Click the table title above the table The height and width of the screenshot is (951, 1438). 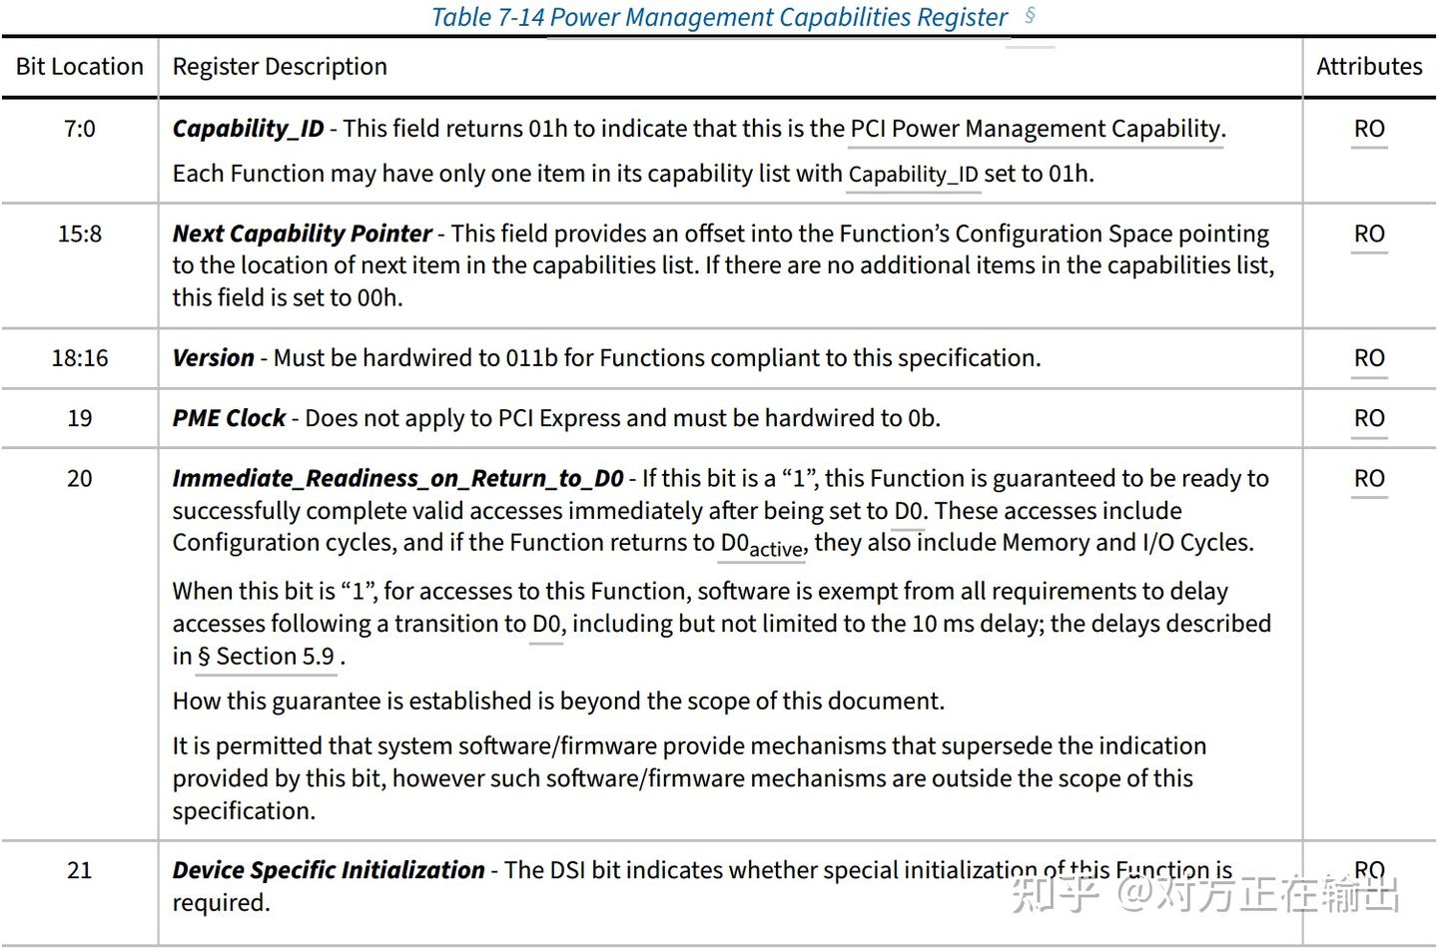pyautogui.click(x=719, y=18)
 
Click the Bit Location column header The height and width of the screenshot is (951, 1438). pyautogui.click(x=80, y=67)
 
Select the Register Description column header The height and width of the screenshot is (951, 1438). pyautogui.click(x=280, y=67)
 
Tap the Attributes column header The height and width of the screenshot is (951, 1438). pyautogui.click(x=1369, y=67)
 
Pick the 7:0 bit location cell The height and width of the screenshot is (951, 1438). pyautogui.click(x=80, y=129)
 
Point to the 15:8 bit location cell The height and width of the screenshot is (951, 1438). pyautogui.click(x=80, y=234)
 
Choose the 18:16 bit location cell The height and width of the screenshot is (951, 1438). pyautogui.click(x=80, y=358)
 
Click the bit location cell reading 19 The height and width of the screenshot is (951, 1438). pyautogui.click(x=80, y=418)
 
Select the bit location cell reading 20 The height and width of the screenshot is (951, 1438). pyautogui.click(x=80, y=479)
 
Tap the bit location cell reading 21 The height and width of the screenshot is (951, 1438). pyautogui.click(x=80, y=870)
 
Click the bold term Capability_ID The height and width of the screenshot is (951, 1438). pyautogui.click(x=248, y=129)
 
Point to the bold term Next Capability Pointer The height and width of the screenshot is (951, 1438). pyautogui.click(x=302, y=234)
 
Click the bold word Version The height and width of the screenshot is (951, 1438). pyautogui.click(x=213, y=358)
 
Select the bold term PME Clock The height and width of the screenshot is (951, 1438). pyautogui.click(x=229, y=418)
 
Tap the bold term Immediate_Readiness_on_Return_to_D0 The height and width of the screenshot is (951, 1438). pyautogui.click(x=397, y=479)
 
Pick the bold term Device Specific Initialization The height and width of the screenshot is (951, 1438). pyautogui.click(x=328, y=870)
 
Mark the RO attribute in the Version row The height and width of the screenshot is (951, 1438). pyautogui.click(x=1369, y=358)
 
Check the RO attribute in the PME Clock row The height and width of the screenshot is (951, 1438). pyautogui.click(x=1369, y=418)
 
